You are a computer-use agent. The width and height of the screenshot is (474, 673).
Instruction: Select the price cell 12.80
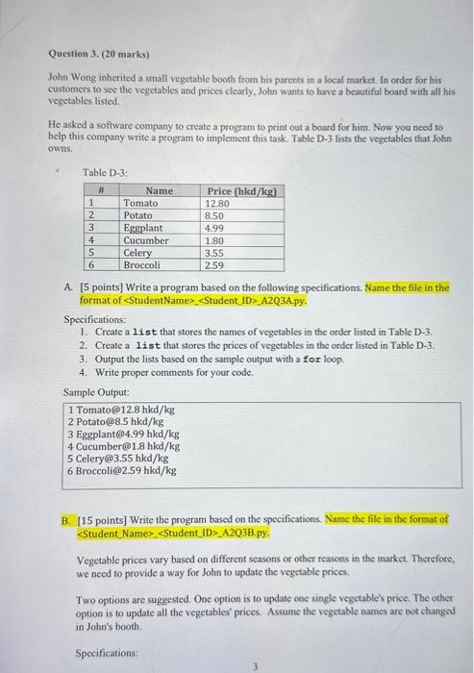(x=218, y=205)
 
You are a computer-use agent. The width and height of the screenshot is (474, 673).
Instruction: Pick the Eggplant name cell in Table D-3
(x=143, y=229)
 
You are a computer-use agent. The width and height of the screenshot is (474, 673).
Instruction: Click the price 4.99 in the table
(x=215, y=229)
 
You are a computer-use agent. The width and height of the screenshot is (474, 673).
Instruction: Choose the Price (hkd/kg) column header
(x=241, y=192)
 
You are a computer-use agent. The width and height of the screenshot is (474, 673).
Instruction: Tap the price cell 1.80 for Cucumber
(x=215, y=241)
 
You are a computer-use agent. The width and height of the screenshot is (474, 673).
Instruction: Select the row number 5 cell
(x=90, y=253)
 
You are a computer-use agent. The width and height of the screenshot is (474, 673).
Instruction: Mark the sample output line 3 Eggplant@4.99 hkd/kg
(x=123, y=434)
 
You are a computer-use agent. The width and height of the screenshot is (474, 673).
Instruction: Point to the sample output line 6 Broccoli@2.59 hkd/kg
(x=121, y=471)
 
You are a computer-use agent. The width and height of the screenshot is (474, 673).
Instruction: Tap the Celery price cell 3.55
(x=215, y=253)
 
